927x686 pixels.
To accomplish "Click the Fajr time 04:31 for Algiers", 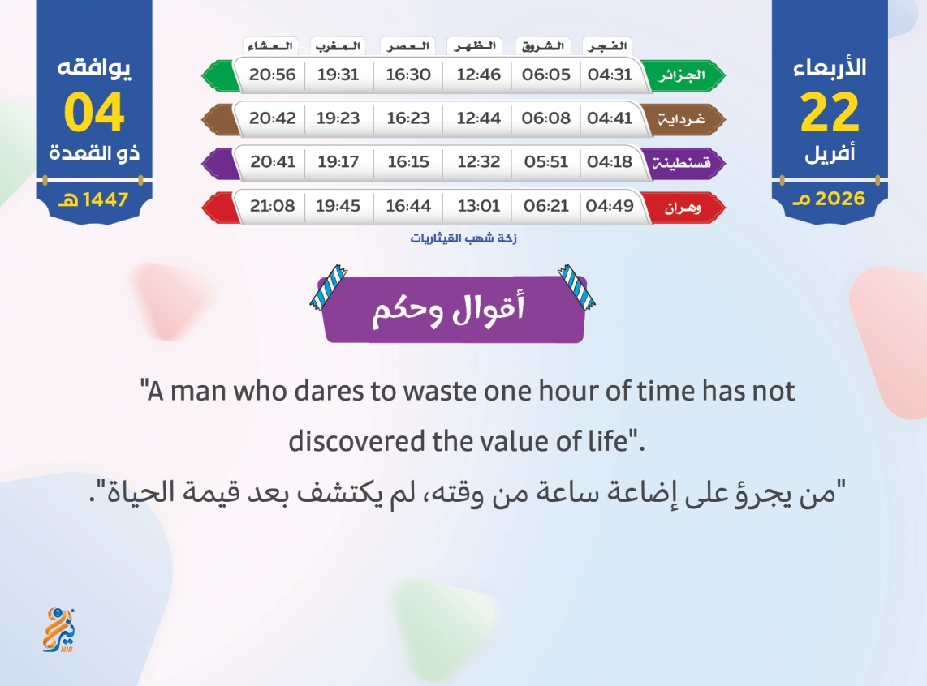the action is pos(610,75).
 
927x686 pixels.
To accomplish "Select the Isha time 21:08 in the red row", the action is pos(272,205).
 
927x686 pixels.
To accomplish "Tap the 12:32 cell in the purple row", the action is pos(478,161).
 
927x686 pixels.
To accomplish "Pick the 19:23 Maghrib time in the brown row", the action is pos(338,118).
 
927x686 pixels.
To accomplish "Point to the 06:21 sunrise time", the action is pos(545,205).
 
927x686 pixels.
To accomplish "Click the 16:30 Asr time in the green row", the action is pos(408,75).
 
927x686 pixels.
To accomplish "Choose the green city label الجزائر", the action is pos(682,75).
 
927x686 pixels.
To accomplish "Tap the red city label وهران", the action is pos(682,208).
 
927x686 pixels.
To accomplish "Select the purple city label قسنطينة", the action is pos(681,162).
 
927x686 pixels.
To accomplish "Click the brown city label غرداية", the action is pos(682,119).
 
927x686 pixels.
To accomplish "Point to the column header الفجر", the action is pos(607,46).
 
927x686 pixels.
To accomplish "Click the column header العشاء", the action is pos(270,46).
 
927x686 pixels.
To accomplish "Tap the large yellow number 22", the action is pos(830,112).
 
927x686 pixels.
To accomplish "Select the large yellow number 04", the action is pos(94,112).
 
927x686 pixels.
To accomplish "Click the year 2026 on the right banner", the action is pos(840,199).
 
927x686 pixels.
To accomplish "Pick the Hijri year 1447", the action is pos(106,199).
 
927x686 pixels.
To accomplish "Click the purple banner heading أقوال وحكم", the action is pos(448,310).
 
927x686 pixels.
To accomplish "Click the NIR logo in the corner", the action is pos(59,630).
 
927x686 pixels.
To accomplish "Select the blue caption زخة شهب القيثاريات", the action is pos(463,238).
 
